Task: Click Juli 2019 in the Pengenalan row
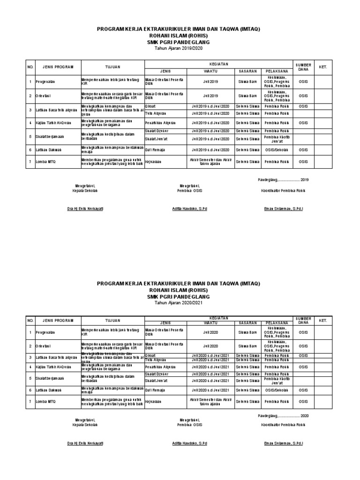point(210,82)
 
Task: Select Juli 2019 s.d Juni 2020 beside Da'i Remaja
point(210,150)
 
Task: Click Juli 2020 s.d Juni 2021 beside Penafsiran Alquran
point(210,367)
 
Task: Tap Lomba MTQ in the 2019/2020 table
point(45,162)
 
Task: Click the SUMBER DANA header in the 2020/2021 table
point(303,320)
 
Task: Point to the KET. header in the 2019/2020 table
point(322,67)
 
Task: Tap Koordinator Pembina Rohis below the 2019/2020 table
point(283,191)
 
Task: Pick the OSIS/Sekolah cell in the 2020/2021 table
point(276,390)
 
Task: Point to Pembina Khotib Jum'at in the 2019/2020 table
point(276,138)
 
